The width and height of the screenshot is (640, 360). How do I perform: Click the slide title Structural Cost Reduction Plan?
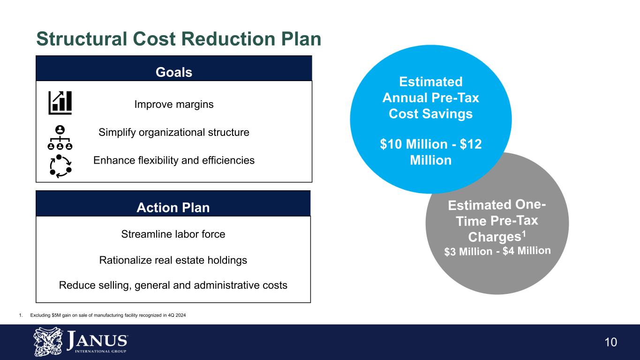tap(179, 39)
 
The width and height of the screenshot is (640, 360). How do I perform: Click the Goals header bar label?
tap(173, 72)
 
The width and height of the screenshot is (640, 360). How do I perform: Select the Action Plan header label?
tap(173, 208)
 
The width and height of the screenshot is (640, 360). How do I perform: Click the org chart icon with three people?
tap(60, 137)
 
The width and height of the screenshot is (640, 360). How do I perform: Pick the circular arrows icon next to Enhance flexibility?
tap(60, 166)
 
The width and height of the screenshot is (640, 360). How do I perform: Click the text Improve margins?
tap(173, 105)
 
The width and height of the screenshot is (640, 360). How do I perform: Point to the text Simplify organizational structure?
tap(173, 133)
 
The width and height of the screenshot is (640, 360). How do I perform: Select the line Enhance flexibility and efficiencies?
tap(173, 160)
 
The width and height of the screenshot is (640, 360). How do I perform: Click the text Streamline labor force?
tap(173, 234)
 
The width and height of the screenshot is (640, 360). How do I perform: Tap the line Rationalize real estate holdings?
tap(173, 260)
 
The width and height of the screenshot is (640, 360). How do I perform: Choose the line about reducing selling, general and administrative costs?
tap(173, 285)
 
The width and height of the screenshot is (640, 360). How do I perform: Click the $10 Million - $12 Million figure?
tap(430, 152)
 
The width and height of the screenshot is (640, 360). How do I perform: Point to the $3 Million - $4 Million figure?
tap(497, 251)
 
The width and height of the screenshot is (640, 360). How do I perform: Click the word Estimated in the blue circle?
tap(430, 82)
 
